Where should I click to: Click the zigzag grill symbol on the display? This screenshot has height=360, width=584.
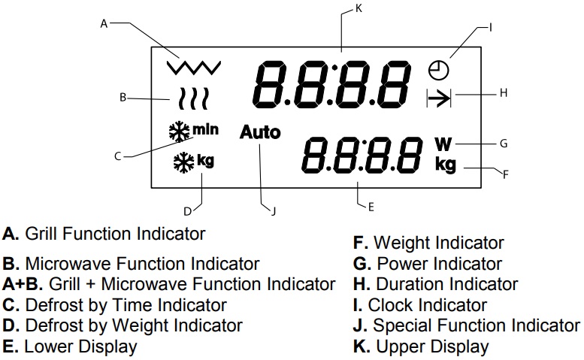tap(194, 67)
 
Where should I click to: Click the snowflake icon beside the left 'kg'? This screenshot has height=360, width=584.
tap(183, 161)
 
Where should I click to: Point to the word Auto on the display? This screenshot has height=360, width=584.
tap(260, 133)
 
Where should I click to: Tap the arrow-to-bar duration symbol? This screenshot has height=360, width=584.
tap(437, 98)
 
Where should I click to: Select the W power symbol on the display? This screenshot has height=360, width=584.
tap(443, 142)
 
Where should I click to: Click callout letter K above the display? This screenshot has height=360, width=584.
tap(358, 9)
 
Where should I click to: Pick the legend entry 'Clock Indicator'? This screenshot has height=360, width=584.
tap(427, 306)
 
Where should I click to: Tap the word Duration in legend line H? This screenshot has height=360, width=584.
tap(407, 284)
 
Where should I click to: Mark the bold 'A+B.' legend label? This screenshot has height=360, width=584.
tap(20, 284)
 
